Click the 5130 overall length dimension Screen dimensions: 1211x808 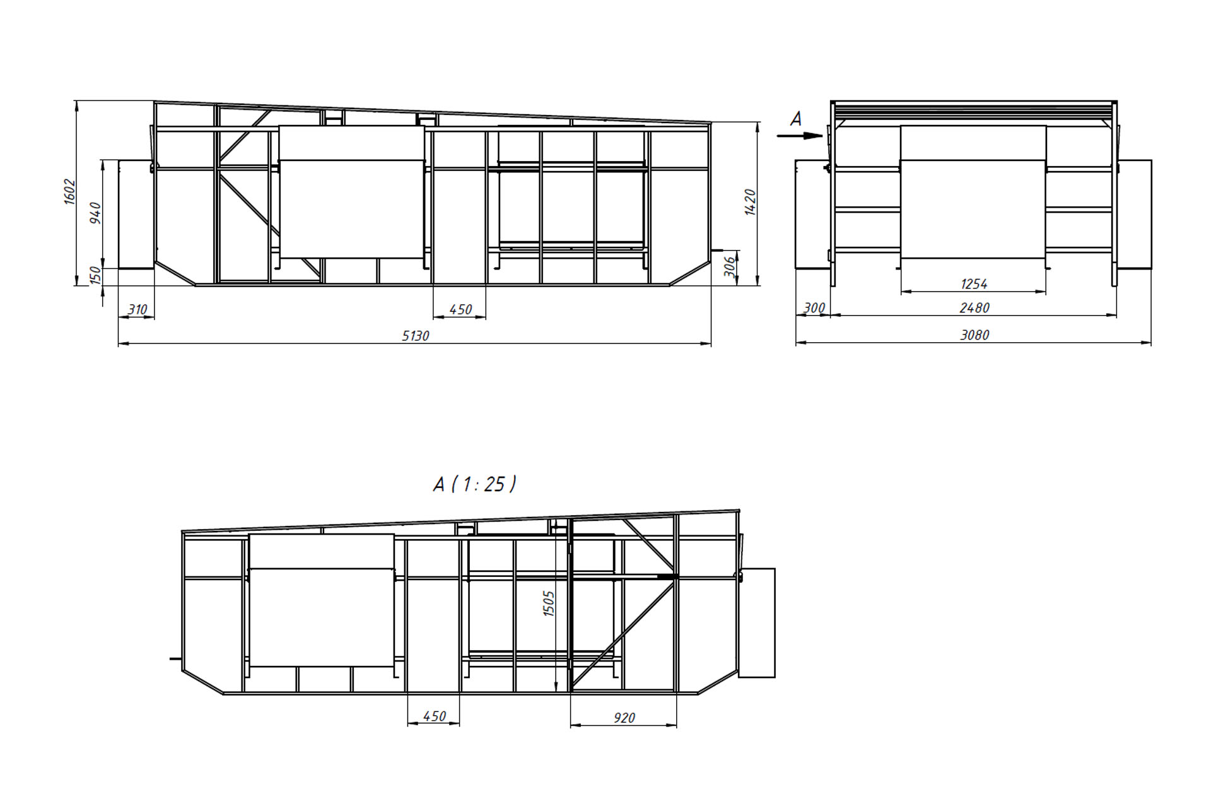click(x=416, y=336)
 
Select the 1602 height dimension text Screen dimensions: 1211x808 click(x=70, y=192)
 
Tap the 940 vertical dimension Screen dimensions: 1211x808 click(x=95, y=213)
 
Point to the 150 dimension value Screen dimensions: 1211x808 click(x=95, y=276)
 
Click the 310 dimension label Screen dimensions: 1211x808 click(x=137, y=309)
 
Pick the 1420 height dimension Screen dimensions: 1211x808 click(x=750, y=202)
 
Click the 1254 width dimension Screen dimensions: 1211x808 click(x=974, y=284)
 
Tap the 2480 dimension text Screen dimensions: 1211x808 click(x=974, y=308)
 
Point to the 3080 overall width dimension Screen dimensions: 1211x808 click(x=974, y=335)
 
